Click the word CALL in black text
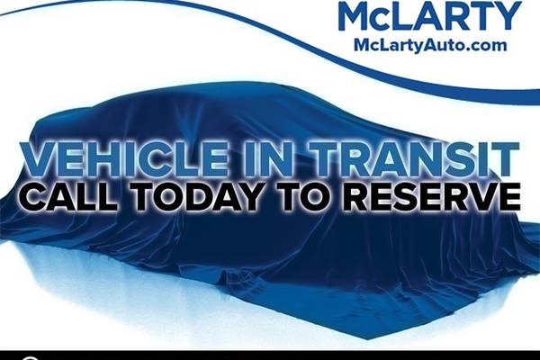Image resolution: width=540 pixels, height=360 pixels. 68,197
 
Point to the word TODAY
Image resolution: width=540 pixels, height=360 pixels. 196,197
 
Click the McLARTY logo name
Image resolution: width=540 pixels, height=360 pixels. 430,15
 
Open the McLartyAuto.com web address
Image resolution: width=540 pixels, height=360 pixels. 430,46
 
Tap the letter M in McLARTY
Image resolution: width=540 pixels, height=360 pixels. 355,15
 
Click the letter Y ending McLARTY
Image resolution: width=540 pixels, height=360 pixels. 507,15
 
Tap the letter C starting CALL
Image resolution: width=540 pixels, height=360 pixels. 33,197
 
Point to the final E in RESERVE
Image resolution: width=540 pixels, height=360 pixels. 509,197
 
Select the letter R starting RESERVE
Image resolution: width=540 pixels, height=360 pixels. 356,197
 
